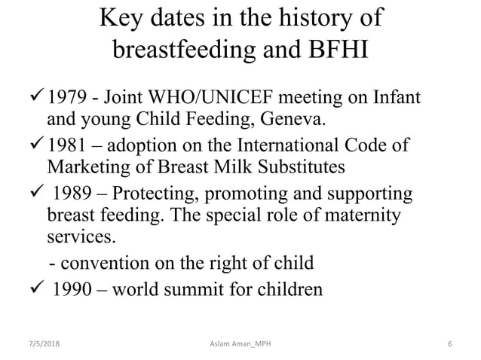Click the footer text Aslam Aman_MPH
240,344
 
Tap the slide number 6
449,344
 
